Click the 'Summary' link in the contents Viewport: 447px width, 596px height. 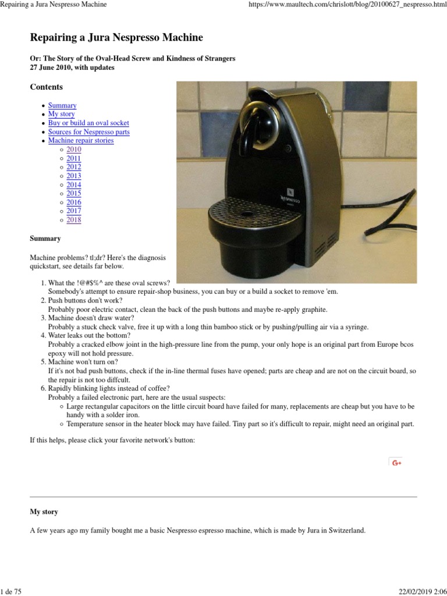click(x=62, y=105)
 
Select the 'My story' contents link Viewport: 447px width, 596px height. click(x=61, y=114)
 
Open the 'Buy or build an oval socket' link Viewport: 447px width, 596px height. click(x=88, y=123)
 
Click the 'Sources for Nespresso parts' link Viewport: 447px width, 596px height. click(x=88, y=132)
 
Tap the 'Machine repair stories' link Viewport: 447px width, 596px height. click(x=81, y=140)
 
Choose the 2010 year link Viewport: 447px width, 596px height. click(x=74, y=150)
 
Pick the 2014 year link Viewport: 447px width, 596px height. click(x=74, y=185)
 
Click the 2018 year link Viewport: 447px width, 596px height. click(x=74, y=220)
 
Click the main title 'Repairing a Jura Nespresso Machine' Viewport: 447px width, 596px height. click(x=116, y=38)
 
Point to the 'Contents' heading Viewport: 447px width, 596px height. click(x=46, y=87)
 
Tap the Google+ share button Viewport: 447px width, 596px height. click(x=397, y=462)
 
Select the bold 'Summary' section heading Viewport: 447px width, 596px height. click(x=45, y=239)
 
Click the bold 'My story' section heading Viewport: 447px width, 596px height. click(x=44, y=512)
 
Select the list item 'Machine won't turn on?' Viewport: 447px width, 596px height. click(x=83, y=361)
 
